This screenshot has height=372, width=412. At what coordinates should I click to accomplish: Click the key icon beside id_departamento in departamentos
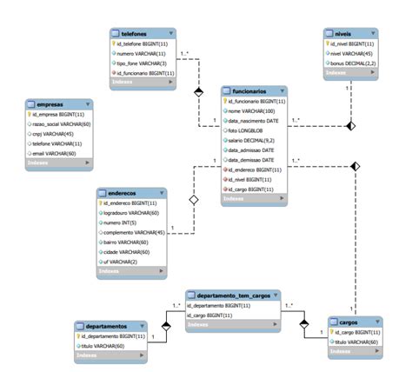point(79,335)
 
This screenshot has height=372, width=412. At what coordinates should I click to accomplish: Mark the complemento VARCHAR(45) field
point(134,232)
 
